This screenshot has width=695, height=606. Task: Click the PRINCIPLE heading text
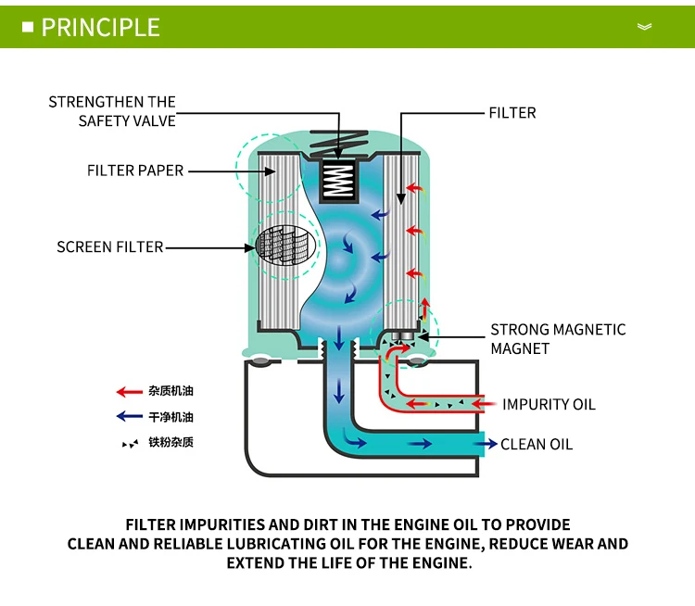coord(101,27)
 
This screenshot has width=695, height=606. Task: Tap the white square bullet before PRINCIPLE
coord(28,26)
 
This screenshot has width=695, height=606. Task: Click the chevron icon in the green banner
coord(645,27)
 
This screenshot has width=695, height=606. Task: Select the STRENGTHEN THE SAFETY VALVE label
coord(112,111)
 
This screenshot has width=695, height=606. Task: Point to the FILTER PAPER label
coord(135,170)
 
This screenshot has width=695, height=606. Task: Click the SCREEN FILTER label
coord(109,246)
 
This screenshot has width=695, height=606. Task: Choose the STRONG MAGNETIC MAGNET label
coord(558,339)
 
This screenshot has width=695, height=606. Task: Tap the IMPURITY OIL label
coord(549,404)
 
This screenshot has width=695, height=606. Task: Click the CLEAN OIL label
coord(537,444)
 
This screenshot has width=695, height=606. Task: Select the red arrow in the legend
coord(129,392)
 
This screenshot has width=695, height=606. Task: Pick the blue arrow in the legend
coord(129,417)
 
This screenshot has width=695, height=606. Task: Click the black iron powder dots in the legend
coord(130,444)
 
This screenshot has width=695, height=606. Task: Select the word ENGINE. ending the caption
coord(440,563)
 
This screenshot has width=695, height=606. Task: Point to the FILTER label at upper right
coord(512,113)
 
